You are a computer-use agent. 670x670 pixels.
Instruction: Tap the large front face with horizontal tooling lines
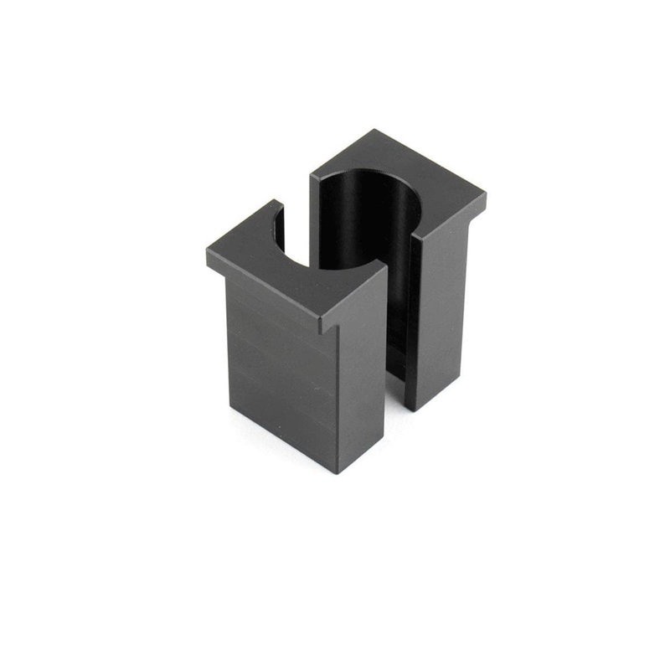point(281,368)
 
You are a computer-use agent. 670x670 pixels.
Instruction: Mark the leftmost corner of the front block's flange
point(207,253)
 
